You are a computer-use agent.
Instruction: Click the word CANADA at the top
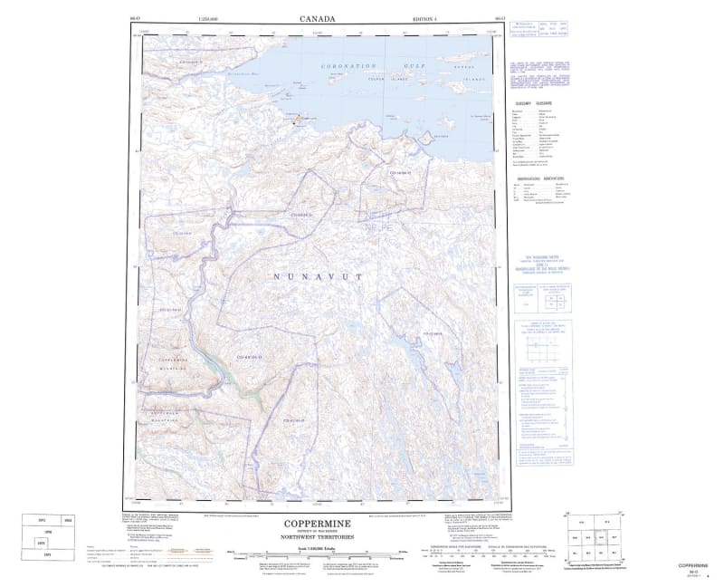[317, 17]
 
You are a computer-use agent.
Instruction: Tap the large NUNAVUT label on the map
[316, 276]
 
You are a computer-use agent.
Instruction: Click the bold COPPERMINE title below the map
[316, 523]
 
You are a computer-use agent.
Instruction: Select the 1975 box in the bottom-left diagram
[41, 543]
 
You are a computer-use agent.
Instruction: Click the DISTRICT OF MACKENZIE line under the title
[316, 532]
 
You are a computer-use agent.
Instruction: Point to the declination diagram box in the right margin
[544, 345]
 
